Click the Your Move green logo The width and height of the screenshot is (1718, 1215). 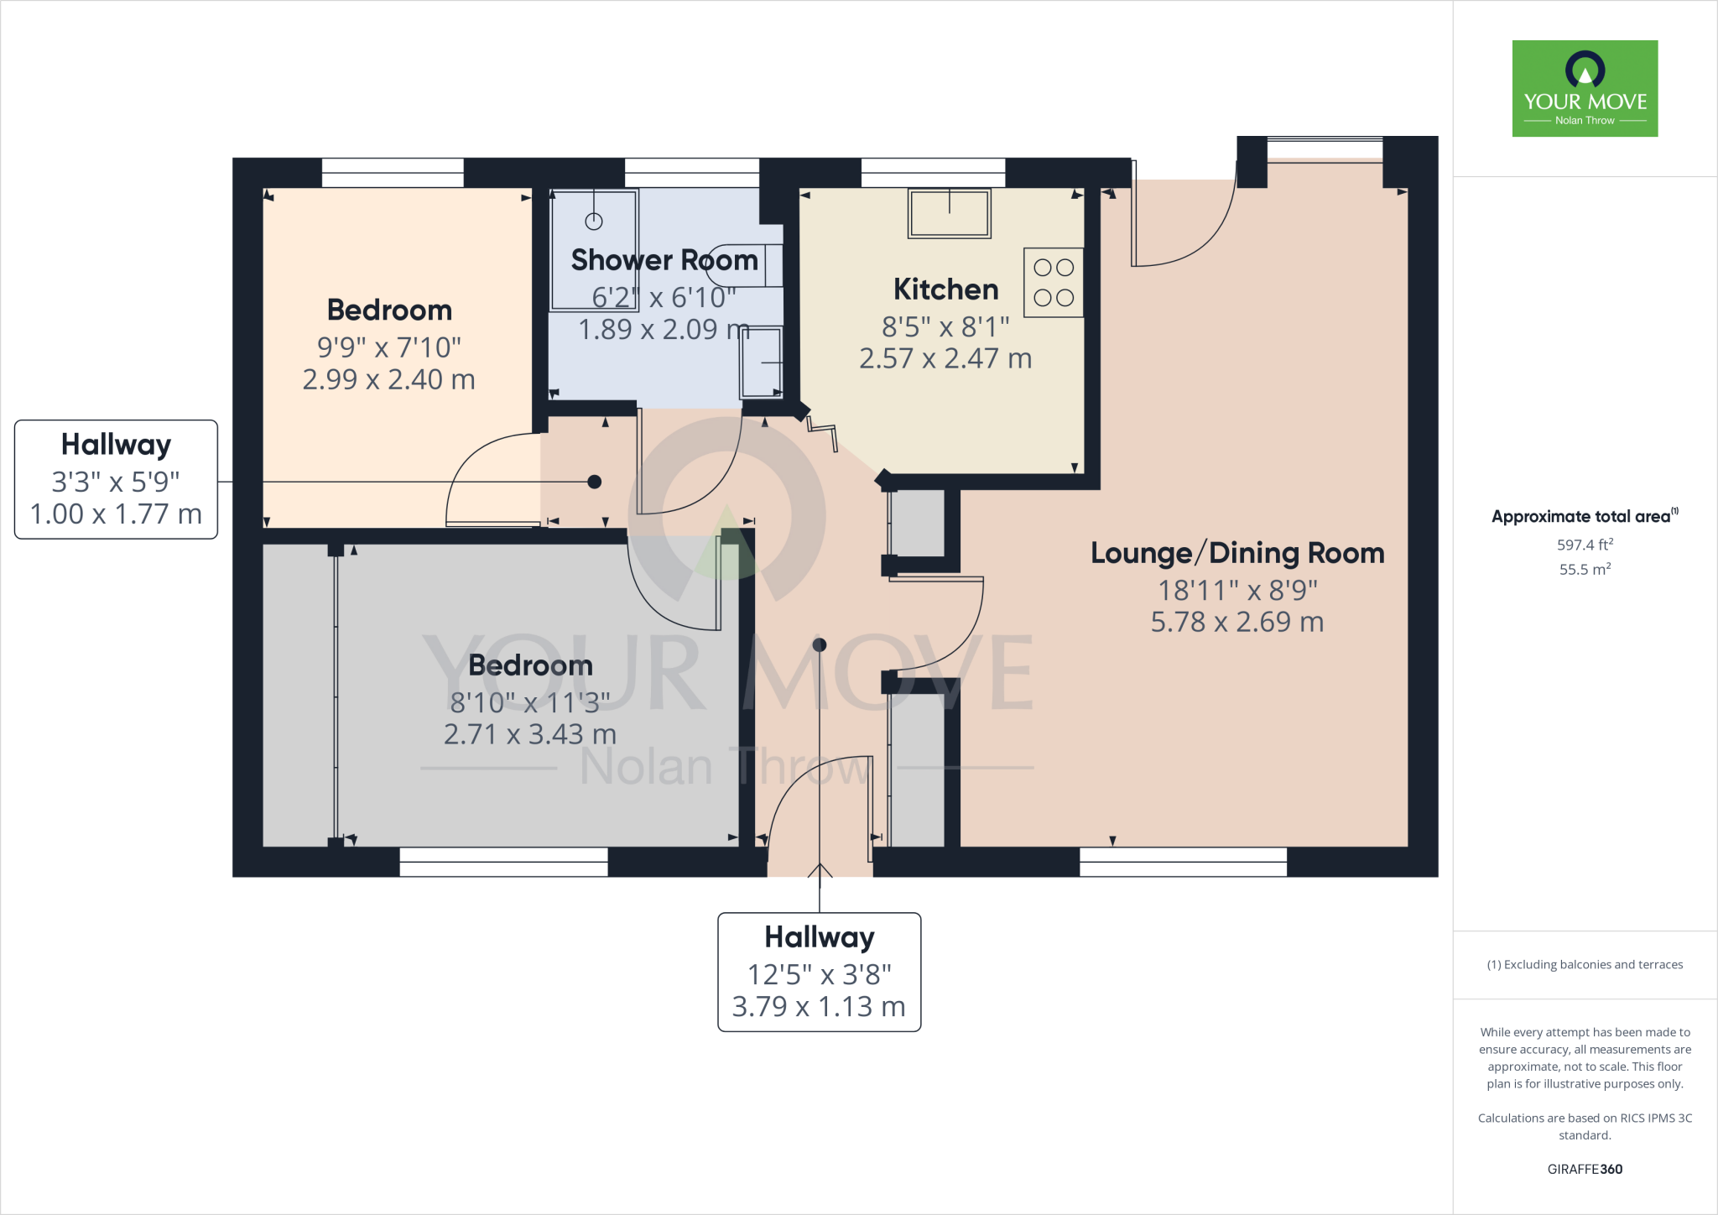pyautogui.click(x=1585, y=88)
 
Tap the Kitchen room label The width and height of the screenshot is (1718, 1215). pyautogui.click(x=945, y=289)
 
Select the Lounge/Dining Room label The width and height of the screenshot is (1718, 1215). pyautogui.click(x=1237, y=553)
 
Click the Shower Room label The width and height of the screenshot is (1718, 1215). pyautogui.click(x=664, y=260)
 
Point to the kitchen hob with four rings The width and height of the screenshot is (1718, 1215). pyautogui.click(x=1054, y=283)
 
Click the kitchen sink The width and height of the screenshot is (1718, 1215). pyautogui.click(x=949, y=213)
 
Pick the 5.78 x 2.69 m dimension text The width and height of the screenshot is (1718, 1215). pyautogui.click(x=1237, y=623)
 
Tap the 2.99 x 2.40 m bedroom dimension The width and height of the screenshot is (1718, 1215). pyautogui.click(x=388, y=379)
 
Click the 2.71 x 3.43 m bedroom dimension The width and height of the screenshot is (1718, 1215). pyautogui.click(x=530, y=735)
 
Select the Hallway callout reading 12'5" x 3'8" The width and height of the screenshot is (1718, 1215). pyautogui.click(x=820, y=972)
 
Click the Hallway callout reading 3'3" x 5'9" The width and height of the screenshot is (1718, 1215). pyautogui.click(x=116, y=479)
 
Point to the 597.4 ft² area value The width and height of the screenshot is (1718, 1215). pyautogui.click(x=1585, y=545)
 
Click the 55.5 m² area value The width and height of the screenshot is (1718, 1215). pyautogui.click(x=1585, y=570)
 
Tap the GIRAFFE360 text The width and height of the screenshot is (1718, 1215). pyautogui.click(x=1585, y=1169)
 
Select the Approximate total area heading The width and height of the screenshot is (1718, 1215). pyautogui.click(x=1584, y=517)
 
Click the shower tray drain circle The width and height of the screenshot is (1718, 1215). pyautogui.click(x=594, y=222)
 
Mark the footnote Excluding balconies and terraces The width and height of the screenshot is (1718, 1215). pyautogui.click(x=1585, y=965)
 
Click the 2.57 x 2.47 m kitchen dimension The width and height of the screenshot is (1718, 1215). pyautogui.click(x=945, y=359)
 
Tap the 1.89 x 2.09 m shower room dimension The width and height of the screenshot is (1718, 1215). pyautogui.click(x=663, y=330)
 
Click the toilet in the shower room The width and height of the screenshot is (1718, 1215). pyautogui.click(x=743, y=265)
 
